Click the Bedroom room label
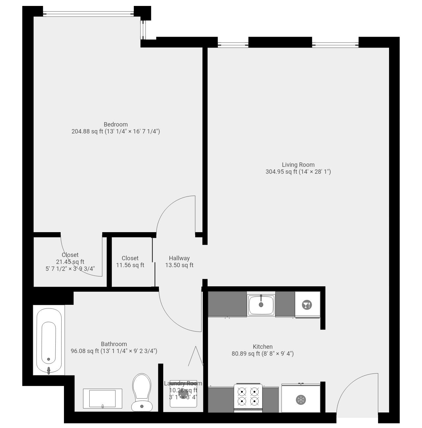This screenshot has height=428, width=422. tap(115, 125)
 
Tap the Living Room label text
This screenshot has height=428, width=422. tap(298, 165)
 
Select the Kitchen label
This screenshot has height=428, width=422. tap(262, 347)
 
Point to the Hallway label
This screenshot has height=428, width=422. tap(179, 258)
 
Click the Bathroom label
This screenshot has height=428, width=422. tap(114, 344)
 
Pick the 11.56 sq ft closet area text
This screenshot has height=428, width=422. tap(130, 265)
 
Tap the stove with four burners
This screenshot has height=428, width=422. tap(248, 397)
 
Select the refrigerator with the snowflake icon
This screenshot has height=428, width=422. tap(301, 399)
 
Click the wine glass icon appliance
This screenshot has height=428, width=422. tap(307, 305)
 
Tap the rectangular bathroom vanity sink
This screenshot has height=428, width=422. tap(102, 399)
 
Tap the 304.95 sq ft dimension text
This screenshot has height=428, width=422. tap(298, 172)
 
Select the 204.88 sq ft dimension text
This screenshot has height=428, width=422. tap(115, 131)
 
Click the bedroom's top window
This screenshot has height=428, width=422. tap(88, 14)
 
